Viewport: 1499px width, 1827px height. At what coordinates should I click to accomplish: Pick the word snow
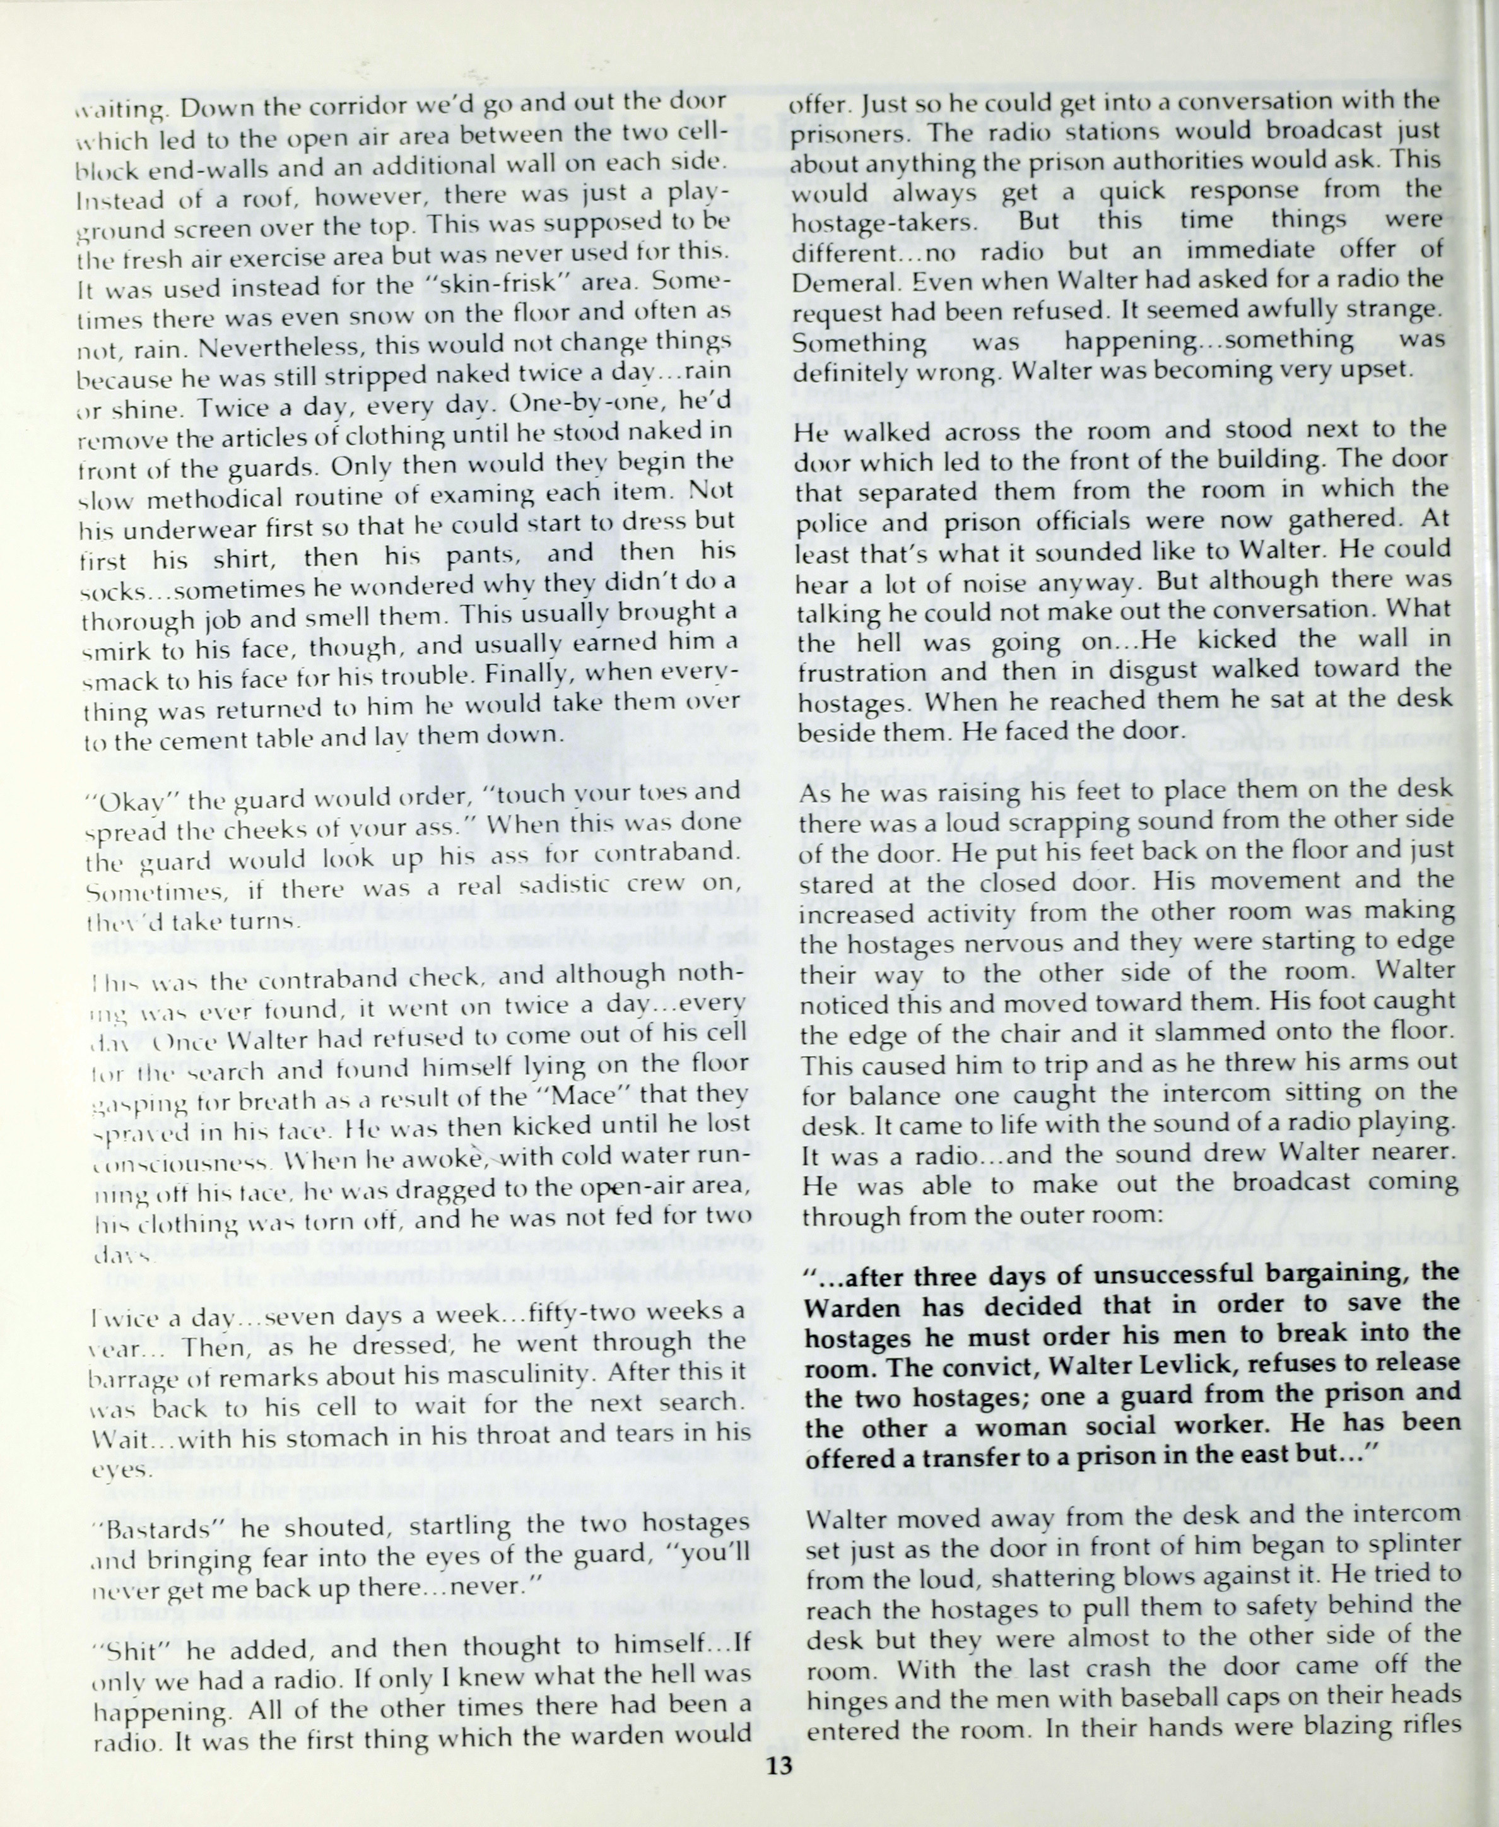tap(388, 314)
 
